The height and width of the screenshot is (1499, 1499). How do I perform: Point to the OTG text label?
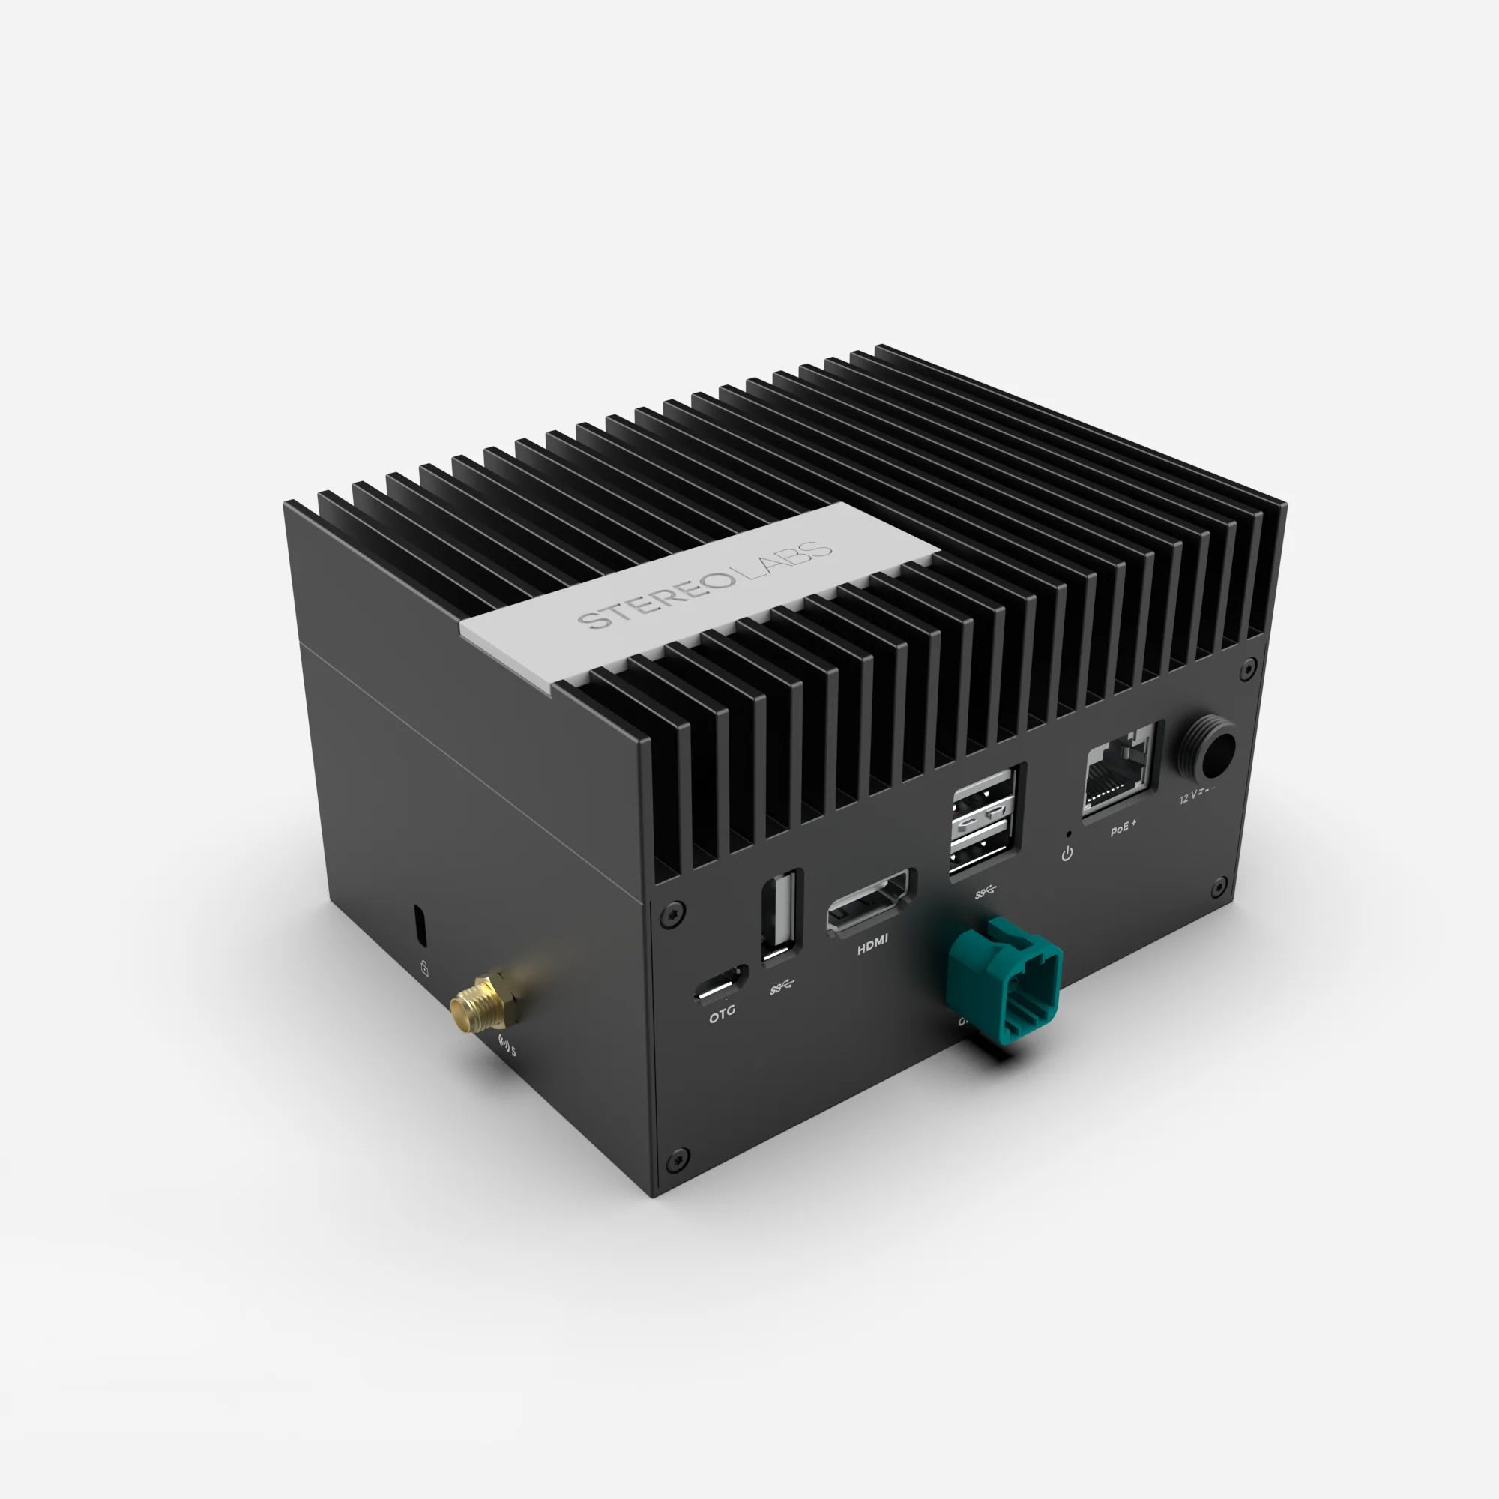pyautogui.click(x=722, y=1012)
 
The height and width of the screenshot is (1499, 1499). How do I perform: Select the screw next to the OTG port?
pyautogui.click(x=671, y=917)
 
